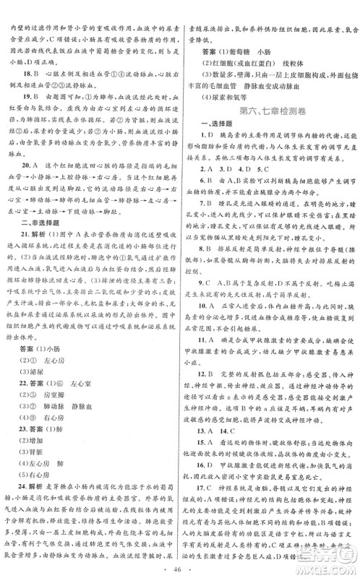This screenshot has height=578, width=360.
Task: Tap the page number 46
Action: tap(181, 562)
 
